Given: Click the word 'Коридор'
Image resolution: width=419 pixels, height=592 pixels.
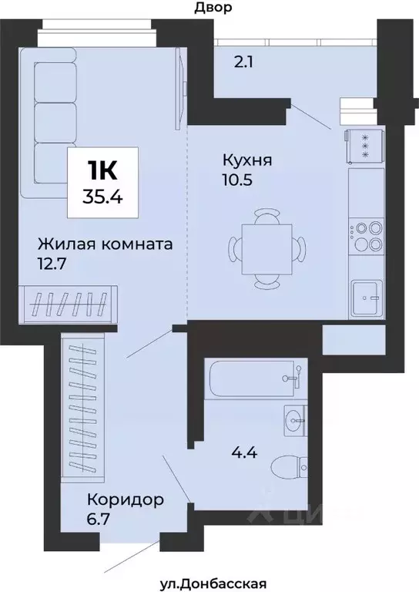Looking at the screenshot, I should click(125, 499).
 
